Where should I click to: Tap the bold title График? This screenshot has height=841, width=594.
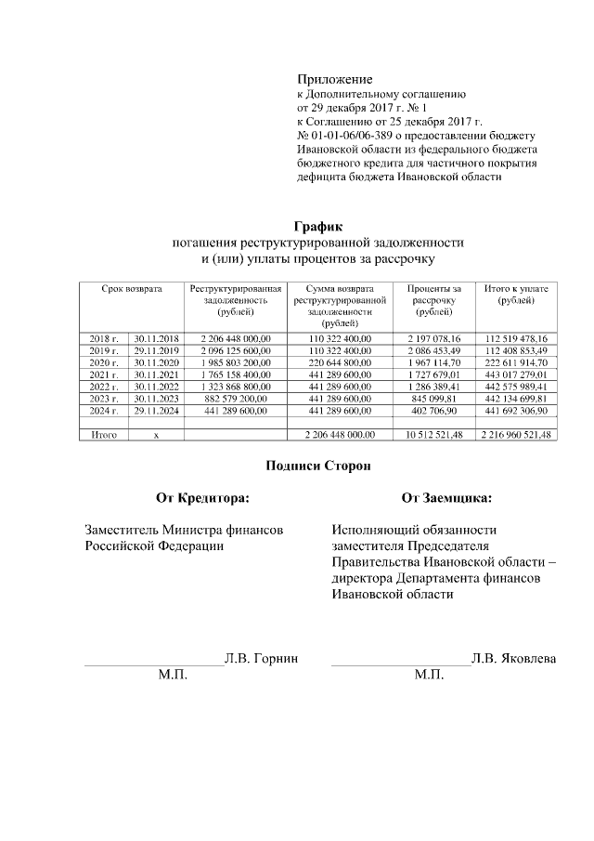coord(318,226)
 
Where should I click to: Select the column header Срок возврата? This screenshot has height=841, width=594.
coord(132,289)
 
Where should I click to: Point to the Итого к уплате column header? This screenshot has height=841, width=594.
coord(516,295)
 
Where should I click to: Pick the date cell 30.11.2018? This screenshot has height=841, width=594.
coord(156,338)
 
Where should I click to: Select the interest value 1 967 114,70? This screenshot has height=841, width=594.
coord(433,362)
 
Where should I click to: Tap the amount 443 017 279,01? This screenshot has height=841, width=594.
coord(516,375)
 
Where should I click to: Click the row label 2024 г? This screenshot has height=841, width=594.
coord(104,410)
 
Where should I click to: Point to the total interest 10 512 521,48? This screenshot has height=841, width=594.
coord(433,435)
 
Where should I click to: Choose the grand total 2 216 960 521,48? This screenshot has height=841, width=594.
coord(516,435)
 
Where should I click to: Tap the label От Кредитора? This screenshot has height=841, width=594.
coord(202,498)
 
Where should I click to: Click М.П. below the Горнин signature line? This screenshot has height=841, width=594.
coord(173,674)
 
